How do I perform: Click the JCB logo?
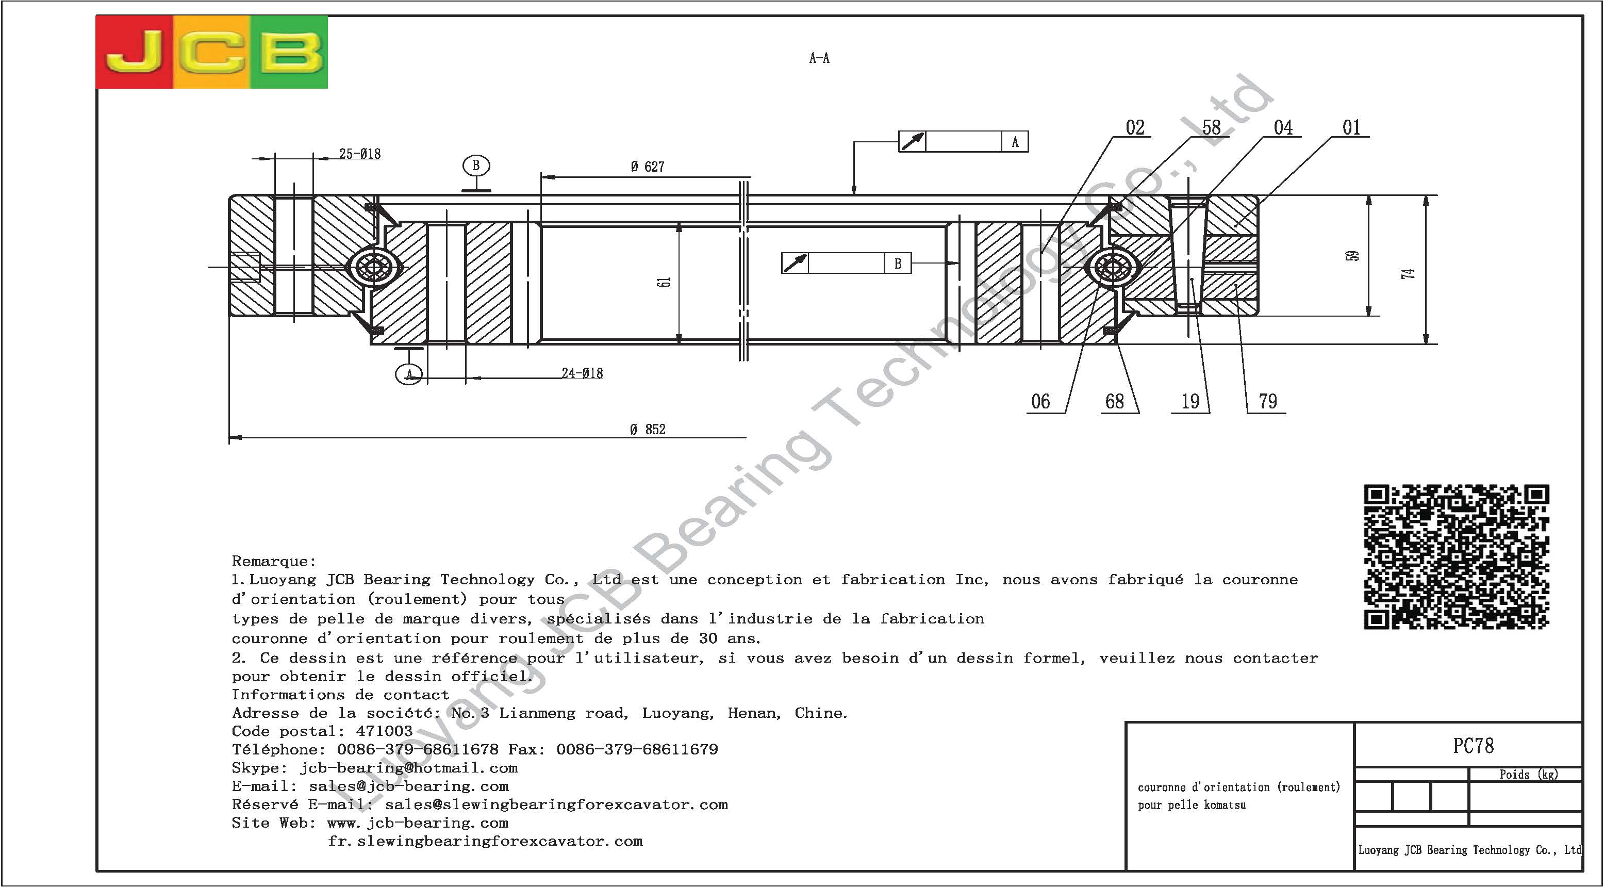point(212,52)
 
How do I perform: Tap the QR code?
point(1457,556)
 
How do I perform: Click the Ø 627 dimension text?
point(647,166)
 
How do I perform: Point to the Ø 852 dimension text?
point(647,429)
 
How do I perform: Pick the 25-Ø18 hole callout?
point(360,153)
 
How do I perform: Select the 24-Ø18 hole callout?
point(582,373)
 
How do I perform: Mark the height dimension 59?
point(1352,256)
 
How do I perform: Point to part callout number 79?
point(1268,401)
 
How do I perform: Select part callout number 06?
point(1040,401)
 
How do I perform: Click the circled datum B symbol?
point(476,166)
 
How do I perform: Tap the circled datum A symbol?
point(409,374)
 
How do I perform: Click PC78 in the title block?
point(1473,746)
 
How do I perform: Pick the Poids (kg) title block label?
point(1529,774)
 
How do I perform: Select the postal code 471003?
point(384,731)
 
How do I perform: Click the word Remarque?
point(274,561)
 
